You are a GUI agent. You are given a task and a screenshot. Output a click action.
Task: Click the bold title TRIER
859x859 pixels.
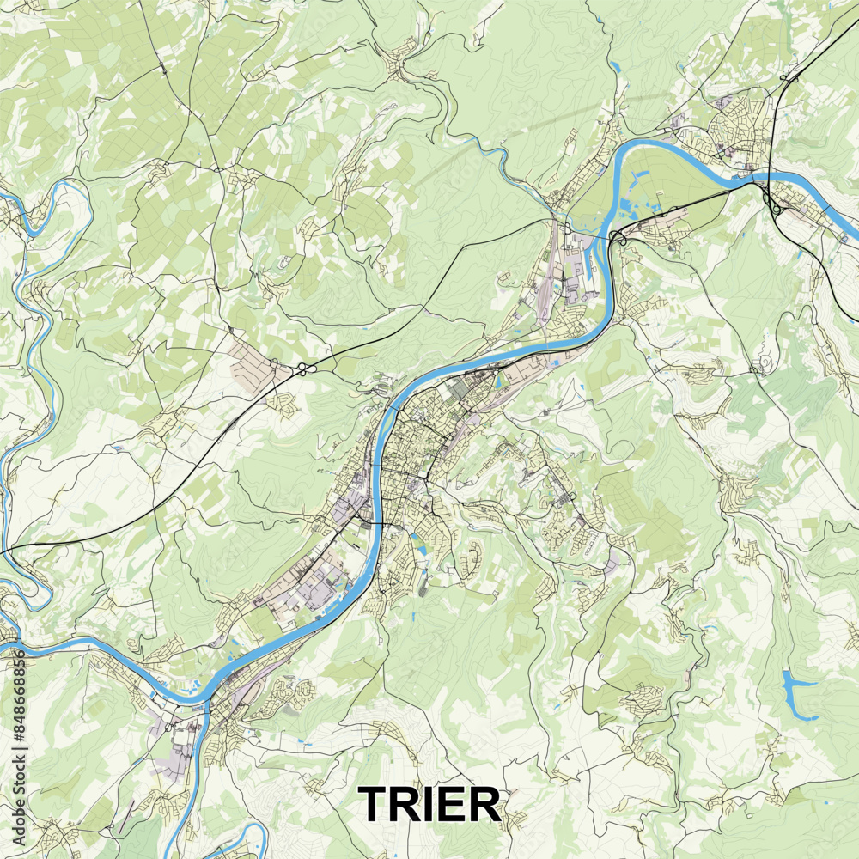click(x=429, y=804)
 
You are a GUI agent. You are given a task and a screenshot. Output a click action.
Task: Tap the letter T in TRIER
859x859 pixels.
click(x=375, y=804)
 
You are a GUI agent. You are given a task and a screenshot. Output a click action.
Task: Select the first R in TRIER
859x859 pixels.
click(x=411, y=804)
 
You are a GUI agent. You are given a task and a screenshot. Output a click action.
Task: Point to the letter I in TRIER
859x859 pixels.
click(x=436, y=804)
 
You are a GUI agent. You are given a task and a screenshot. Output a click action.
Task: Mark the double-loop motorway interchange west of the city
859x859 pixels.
click(x=302, y=369)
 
